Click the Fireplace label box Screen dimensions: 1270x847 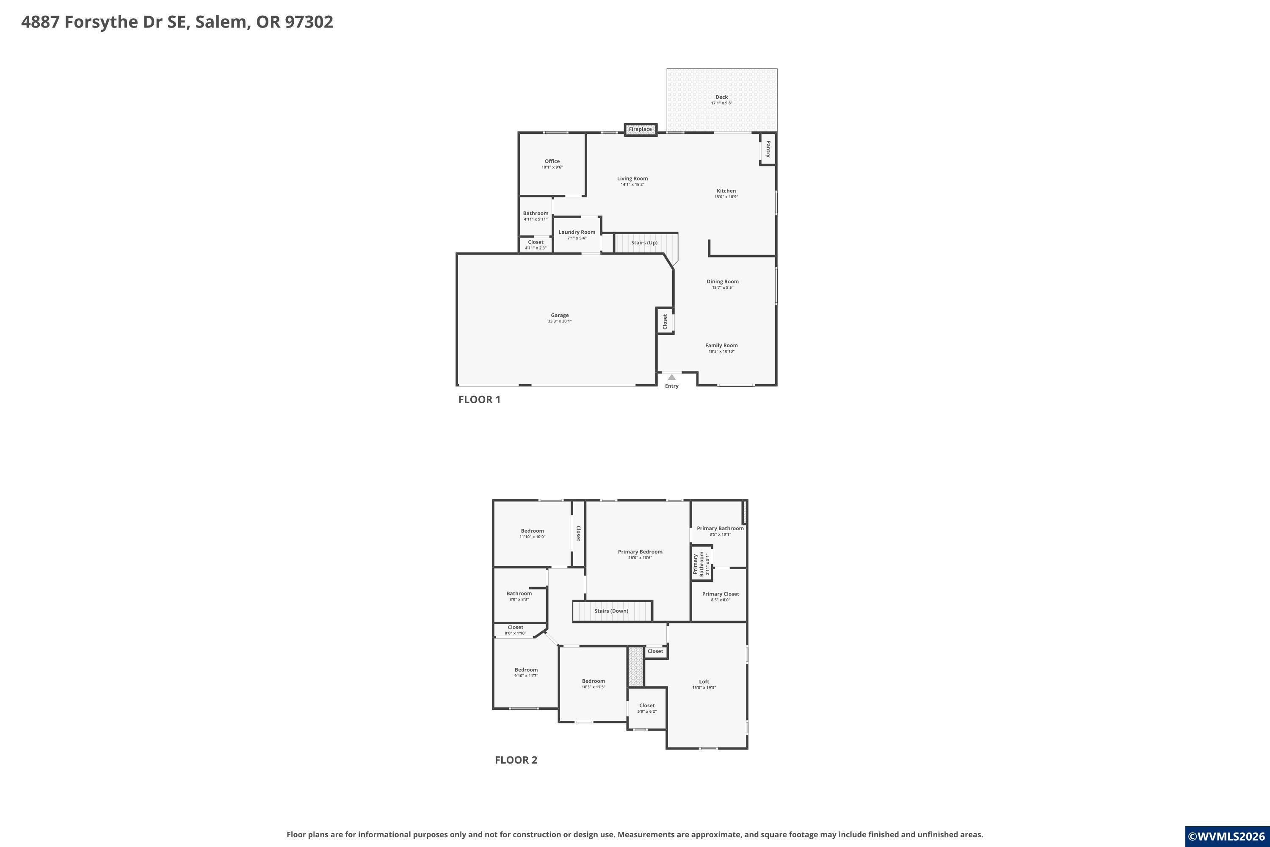tap(641, 129)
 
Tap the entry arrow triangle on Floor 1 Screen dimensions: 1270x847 tap(672, 377)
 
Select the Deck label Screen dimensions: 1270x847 tap(722, 97)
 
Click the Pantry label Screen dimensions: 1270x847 tap(768, 149)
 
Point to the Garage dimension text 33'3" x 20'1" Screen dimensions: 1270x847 tap(560, 321)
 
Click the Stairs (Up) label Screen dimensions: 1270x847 tap(645, 243)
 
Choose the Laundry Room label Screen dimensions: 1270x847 tap(577, 232)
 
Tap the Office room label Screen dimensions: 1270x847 tap(552, 161)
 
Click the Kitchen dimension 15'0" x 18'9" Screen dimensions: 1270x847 tap(726, 197)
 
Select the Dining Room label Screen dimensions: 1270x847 tap(723, 282)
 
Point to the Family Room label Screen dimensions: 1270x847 tap(721, 345)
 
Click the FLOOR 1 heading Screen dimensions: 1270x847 tap(480, 400)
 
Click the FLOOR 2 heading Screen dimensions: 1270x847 tap(516, 760)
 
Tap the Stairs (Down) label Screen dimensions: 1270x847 tap(612, 611)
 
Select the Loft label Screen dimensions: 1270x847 tap(704, 682)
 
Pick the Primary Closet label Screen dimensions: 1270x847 tap(721, 594)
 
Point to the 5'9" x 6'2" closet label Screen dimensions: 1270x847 tap(647, 711)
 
